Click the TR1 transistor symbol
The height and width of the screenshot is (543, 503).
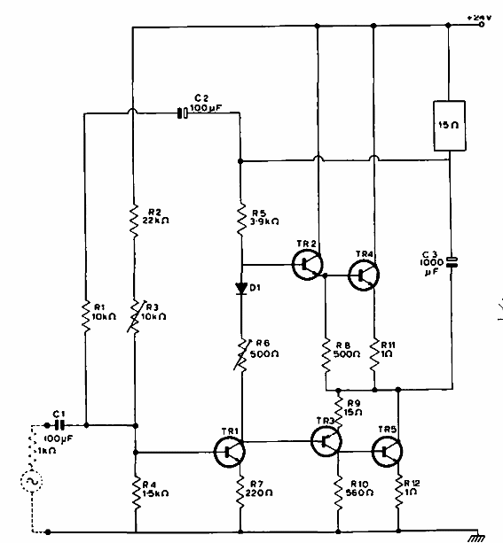coord(229,450)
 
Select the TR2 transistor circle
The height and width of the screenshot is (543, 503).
coord(308,262)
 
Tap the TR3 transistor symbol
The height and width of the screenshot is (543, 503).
coord(326,440)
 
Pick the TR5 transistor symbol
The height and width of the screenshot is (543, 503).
coord(387,452)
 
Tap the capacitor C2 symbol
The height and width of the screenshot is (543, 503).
coord(181,112)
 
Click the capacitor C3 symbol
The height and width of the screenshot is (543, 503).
coord(451,261)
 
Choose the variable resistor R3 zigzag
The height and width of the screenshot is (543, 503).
coord(133,314)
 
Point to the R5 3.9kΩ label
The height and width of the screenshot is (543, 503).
coord(265,217)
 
